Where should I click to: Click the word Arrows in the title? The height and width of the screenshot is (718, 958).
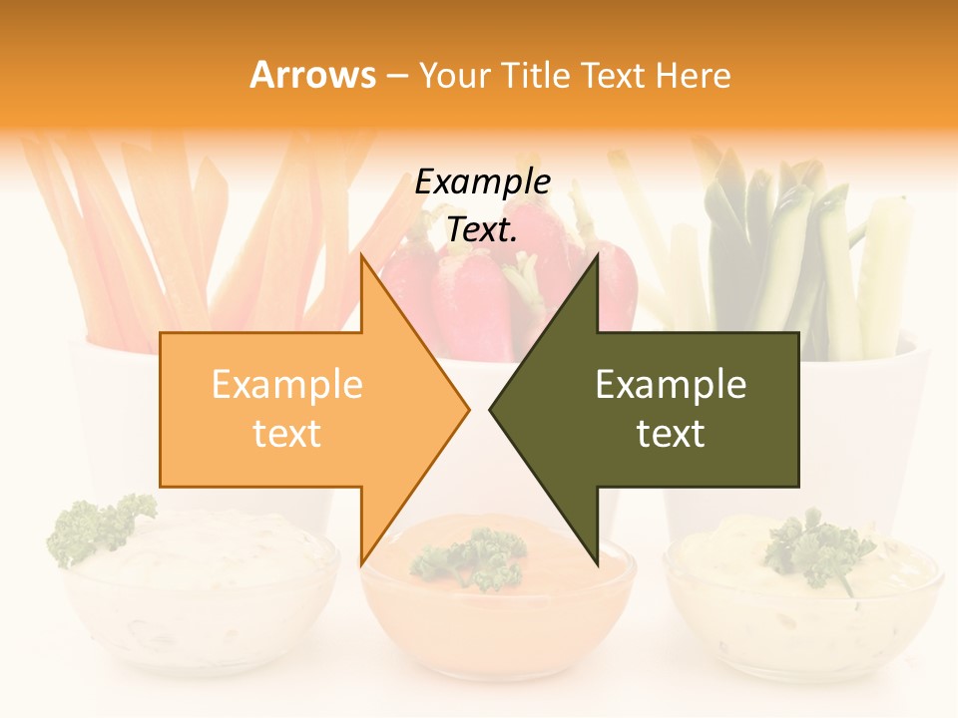313,75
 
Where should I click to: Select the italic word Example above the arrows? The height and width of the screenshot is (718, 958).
483,182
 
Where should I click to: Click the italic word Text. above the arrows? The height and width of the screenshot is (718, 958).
483,230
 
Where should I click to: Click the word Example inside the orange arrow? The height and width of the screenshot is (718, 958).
287,385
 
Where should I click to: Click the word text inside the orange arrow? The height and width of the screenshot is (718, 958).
287,434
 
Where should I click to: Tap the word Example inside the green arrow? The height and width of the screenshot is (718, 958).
671,385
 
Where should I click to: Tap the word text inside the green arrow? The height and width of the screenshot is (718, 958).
671,434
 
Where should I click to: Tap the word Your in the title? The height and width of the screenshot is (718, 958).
452,75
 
